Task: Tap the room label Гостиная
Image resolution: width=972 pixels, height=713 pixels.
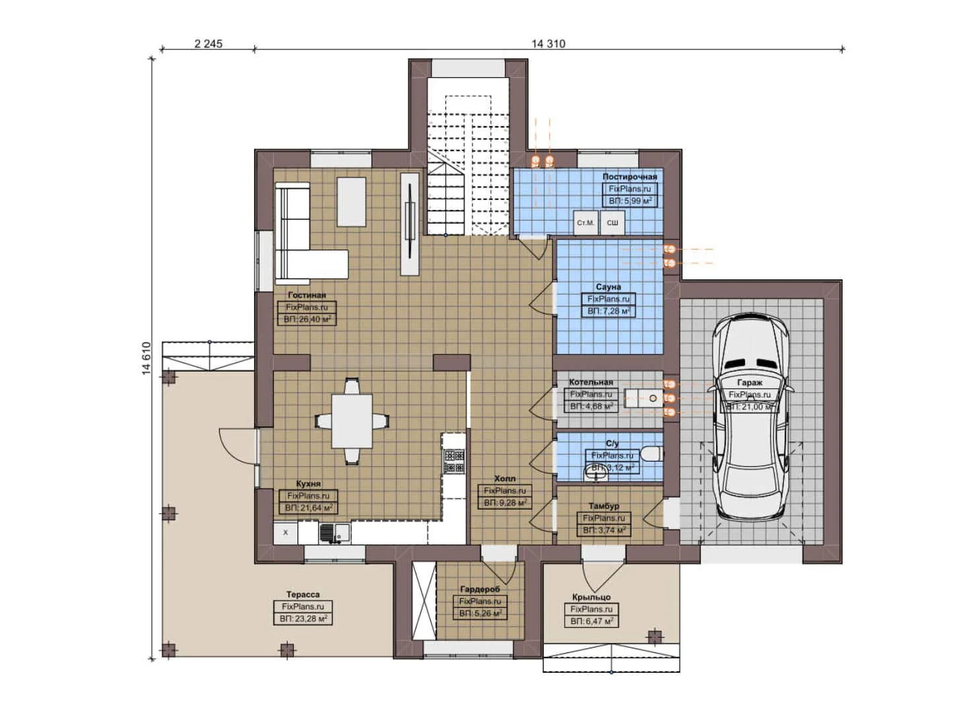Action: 307,295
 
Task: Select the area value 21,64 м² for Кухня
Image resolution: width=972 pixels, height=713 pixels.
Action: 308,508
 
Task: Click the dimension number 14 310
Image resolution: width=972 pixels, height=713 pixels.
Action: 548,44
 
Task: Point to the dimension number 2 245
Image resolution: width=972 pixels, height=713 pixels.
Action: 208,44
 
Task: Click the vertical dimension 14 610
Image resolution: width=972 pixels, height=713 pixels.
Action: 146,358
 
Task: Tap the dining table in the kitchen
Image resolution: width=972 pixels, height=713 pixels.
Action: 351,421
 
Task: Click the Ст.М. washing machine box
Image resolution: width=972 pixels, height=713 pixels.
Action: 585,223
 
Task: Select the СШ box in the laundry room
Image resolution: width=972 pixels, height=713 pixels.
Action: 612,223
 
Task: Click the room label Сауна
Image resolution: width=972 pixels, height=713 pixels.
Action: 608,287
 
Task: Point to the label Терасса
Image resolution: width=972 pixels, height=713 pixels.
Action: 303,595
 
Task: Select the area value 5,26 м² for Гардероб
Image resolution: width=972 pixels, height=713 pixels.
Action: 480,613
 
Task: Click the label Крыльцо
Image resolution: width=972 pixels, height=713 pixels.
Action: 591,597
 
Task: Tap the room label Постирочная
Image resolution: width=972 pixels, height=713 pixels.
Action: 630,177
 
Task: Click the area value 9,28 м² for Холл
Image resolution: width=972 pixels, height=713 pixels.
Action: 505,503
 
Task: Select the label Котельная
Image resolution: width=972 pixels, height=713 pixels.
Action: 591,382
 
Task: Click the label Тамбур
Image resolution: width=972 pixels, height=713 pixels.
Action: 604,506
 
